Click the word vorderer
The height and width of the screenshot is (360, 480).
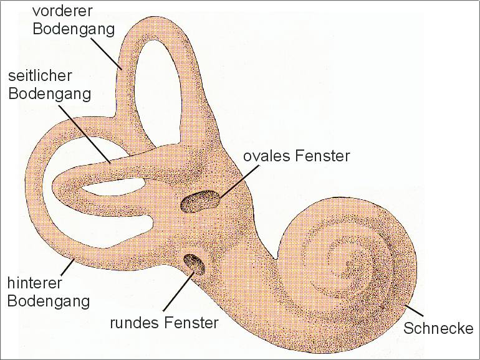pyautogui.click(x=62, y=11)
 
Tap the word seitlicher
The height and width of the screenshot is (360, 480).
pyautogui.click(x=40, y=76)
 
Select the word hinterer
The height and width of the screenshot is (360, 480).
pyautogui.click(x=34, y=283)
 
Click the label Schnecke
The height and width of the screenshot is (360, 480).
pyautogui.click(x=438, y=328)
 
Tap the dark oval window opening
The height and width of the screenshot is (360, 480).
pyautogui.click(x=201, y=201)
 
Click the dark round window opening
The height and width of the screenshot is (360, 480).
pyautogui.click(x=194, y=265)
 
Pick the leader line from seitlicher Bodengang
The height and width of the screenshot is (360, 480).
pyautogui.click(x=85, y=134)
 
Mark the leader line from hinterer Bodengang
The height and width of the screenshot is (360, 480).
pyautogui.click(x=67, y=267)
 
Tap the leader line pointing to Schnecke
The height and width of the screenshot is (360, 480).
pyautogui.click(x=413, y=310)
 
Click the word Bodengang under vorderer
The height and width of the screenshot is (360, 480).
pyautogui.click(x=74, y=29)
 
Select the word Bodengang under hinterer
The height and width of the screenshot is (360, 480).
pyautogui.click(x=49, y=301)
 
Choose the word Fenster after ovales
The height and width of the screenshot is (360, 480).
pyautogui.click(x=322, y=156)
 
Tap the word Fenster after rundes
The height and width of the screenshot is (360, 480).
pyautogui.click(x=191, y=323)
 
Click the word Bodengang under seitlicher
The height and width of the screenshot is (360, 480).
pyautogui.click(x=50, y=93)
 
